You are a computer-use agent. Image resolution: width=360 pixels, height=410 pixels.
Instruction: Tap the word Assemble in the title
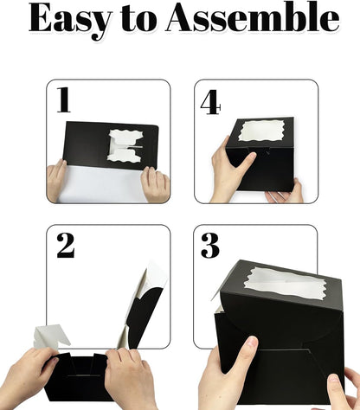(253, 18)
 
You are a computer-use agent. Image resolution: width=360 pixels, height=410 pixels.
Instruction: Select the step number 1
(63, 99)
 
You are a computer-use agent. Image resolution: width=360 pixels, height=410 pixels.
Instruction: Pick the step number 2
(66, 246)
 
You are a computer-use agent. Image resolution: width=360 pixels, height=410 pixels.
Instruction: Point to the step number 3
(210, 246)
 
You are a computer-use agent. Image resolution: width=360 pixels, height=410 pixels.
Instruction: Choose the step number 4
(211, 102)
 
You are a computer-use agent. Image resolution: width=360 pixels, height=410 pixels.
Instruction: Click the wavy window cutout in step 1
(125, 145)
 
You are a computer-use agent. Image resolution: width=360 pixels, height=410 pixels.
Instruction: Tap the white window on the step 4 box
(260, 131)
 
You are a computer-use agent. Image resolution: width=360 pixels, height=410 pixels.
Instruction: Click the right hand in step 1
(155, 184)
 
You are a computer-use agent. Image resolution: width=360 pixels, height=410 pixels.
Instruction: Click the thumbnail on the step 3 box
(253, 342)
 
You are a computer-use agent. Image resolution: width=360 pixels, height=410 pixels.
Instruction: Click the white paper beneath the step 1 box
(101, 184)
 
